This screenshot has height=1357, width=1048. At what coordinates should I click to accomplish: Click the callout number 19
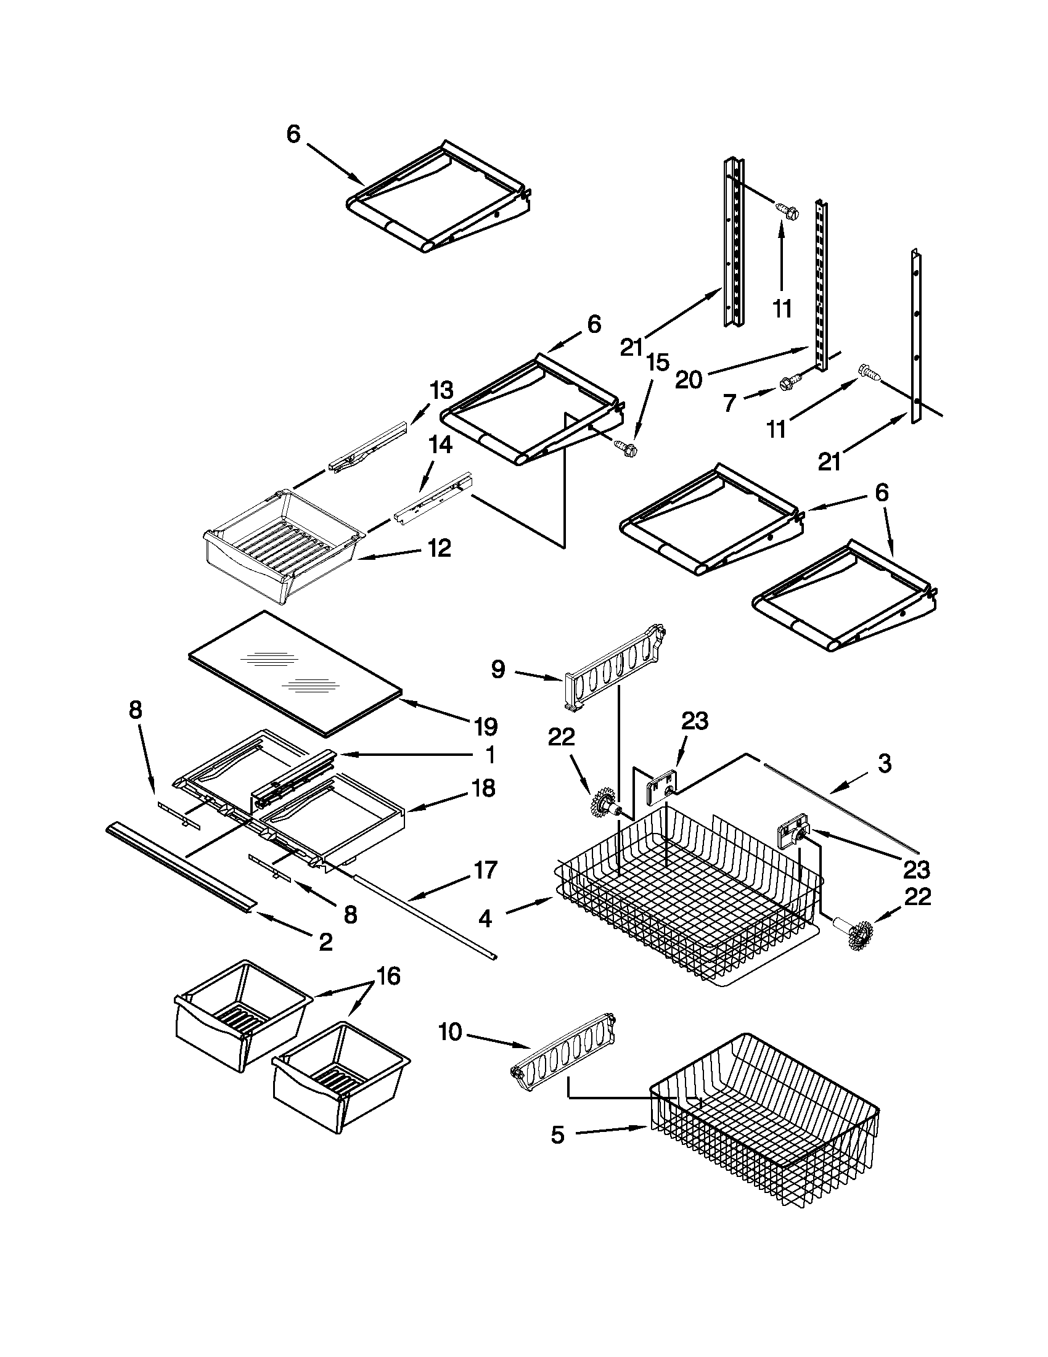tap(485, 726)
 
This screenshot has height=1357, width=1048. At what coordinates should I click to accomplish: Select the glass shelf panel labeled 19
tap(295, 673)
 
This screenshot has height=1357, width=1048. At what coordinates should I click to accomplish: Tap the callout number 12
tap(440, 548)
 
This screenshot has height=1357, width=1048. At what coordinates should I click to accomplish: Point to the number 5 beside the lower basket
tap(558, 1135)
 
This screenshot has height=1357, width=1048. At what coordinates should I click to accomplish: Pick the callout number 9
tap(498, 669)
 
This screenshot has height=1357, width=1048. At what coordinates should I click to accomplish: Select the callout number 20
tap(689, 379)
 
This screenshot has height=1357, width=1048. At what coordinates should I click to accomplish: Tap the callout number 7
tap(731, 403)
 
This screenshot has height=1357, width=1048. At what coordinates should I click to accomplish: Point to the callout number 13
tap(441, 390)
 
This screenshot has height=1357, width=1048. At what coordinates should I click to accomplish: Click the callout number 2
tap(325, 942)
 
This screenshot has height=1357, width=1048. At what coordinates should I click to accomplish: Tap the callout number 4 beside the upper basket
tap(485, 917)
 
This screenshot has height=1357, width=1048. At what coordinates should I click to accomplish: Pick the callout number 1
tap(491, 755)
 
